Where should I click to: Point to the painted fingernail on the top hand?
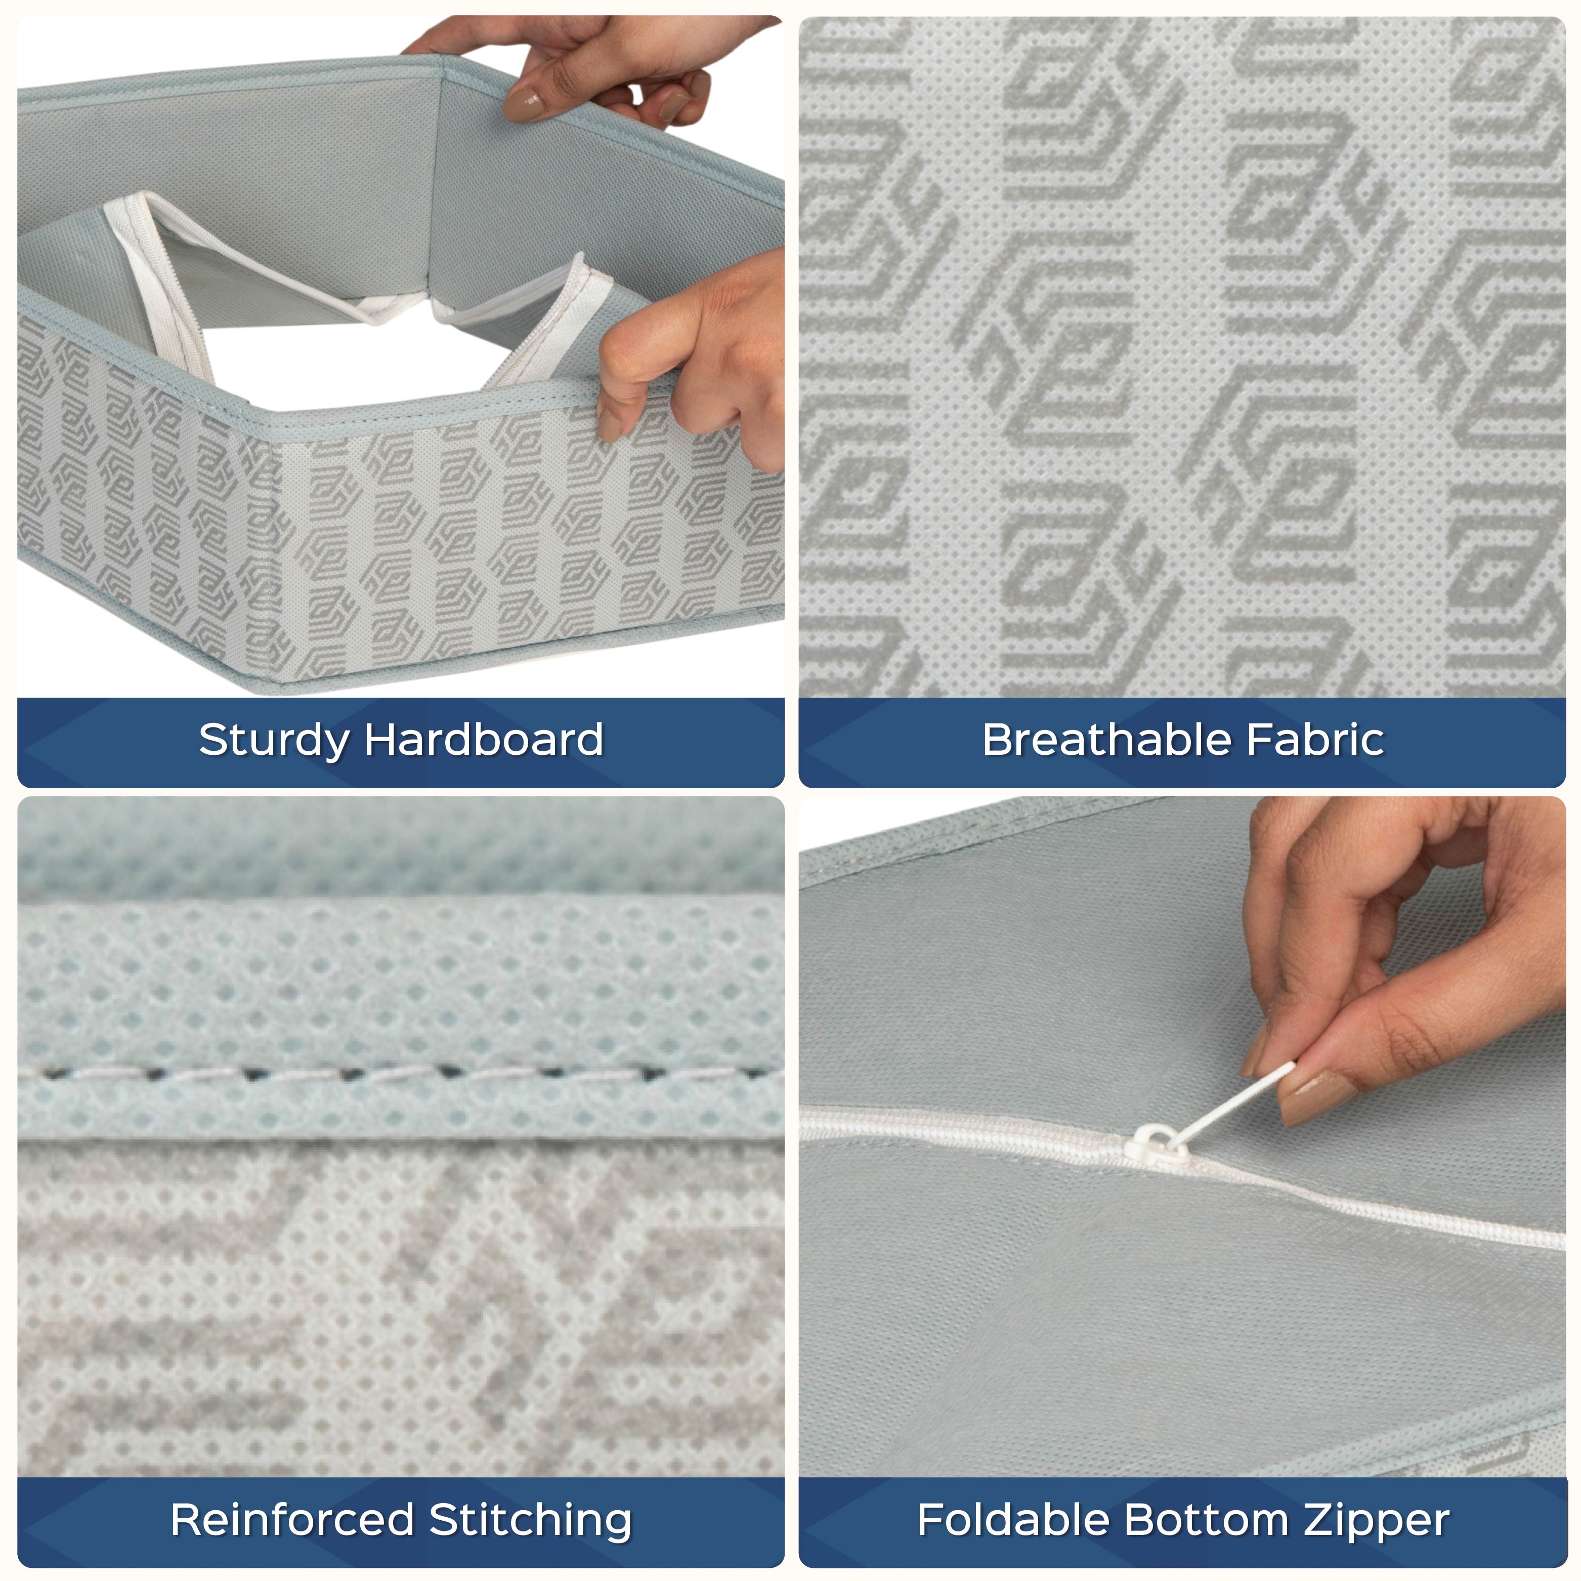pyautogui.click(x=525, y=103)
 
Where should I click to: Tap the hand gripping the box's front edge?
pyautogui.click(x=688, y=360)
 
